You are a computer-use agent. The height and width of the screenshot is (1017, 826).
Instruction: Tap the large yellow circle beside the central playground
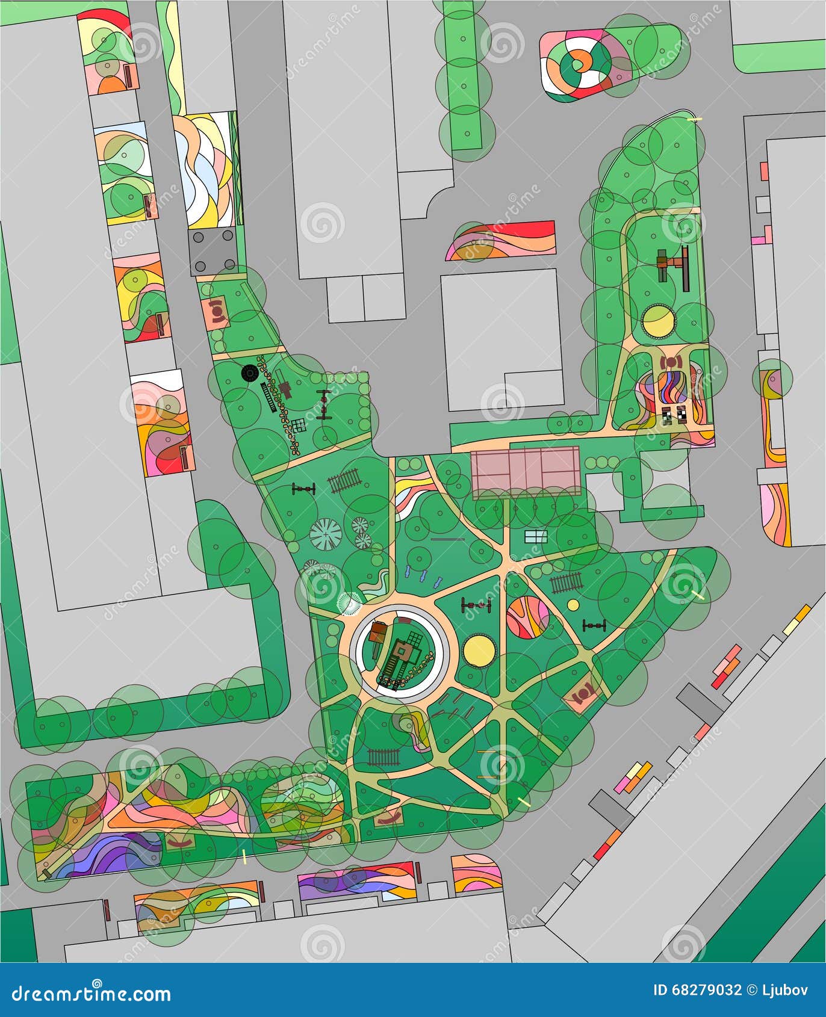pos(479,651)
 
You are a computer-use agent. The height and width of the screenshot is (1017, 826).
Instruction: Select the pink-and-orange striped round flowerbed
pos(527,616)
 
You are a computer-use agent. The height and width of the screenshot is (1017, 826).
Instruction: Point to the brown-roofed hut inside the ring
pos(378,632)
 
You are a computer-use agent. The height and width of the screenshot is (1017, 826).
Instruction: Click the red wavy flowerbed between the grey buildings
pos(500,241)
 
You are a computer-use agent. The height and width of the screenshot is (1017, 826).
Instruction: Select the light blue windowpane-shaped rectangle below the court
pos(535,536)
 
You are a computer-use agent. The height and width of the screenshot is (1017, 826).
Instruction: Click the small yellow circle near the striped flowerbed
pos(573,605)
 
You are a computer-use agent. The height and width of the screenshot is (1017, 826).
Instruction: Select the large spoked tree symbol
pos(326,533)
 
